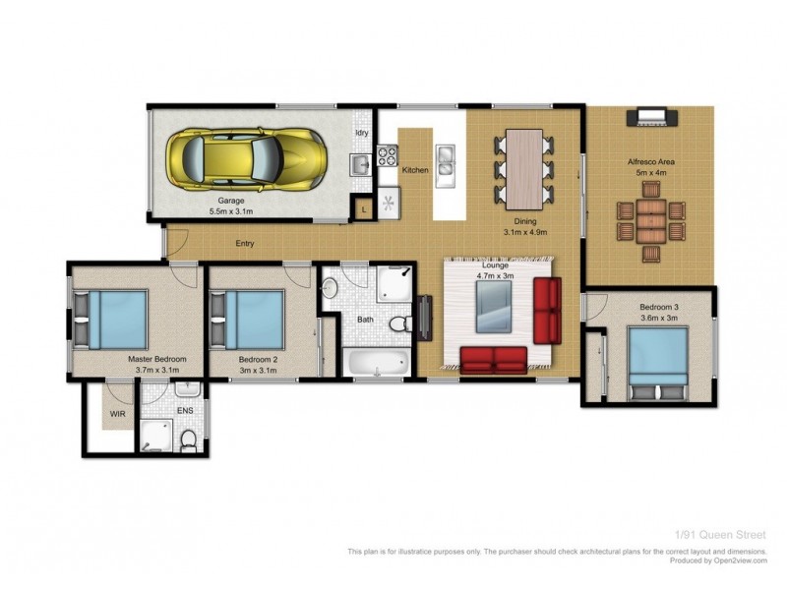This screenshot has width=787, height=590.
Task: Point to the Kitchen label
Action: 415,170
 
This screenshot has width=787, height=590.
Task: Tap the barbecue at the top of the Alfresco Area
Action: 650,117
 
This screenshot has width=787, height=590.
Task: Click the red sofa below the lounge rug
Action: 494,359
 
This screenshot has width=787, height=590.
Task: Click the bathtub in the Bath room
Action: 375,362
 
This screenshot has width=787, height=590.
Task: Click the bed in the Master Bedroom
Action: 112,319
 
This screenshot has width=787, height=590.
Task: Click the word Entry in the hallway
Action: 246,243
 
